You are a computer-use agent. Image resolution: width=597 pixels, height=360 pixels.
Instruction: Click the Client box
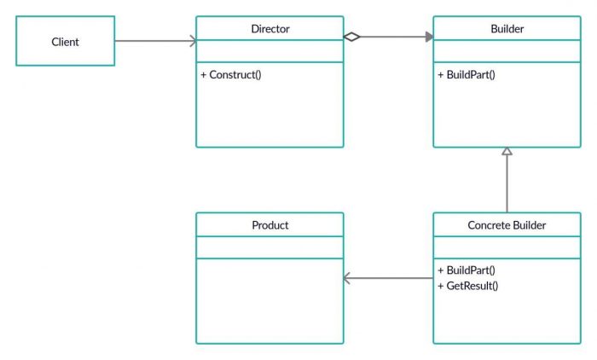[65, 41]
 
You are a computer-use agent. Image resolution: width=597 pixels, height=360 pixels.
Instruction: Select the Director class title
[270, 29]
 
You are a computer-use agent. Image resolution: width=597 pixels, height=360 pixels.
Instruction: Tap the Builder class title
[507, 29]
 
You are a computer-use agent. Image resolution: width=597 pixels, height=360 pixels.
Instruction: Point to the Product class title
[270, 225]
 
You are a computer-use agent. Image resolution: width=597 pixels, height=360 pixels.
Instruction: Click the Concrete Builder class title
[507, 225]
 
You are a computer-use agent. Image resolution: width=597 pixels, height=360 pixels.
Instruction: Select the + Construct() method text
[231, 74]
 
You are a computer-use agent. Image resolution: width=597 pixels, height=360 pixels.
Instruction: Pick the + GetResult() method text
[467, 285]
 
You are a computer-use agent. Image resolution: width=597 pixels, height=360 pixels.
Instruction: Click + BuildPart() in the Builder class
[467, 74]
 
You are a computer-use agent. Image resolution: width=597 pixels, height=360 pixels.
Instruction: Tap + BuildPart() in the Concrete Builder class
[467, 270]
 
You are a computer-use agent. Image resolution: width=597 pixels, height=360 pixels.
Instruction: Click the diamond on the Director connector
[351, 37]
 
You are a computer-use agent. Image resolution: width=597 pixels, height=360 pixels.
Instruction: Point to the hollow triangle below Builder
[507, 151]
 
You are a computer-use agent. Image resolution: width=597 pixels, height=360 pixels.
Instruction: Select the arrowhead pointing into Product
[346, 278]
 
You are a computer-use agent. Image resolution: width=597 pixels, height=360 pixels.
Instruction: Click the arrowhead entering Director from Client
[193, 41]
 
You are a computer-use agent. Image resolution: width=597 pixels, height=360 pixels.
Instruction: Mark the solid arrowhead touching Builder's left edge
[429, 37]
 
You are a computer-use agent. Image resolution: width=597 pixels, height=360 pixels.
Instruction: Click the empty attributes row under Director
[270, 51]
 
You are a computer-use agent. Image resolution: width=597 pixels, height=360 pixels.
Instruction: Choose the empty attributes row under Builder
[507, 51]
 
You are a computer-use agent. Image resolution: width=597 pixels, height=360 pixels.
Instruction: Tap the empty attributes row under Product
[270, 247]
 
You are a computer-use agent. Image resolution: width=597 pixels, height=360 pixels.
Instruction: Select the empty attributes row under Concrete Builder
[507, 247]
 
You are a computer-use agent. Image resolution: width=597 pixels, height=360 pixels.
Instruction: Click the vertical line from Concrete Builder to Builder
[507, 183]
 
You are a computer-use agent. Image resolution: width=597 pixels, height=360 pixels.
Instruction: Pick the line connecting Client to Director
[154, 41]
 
